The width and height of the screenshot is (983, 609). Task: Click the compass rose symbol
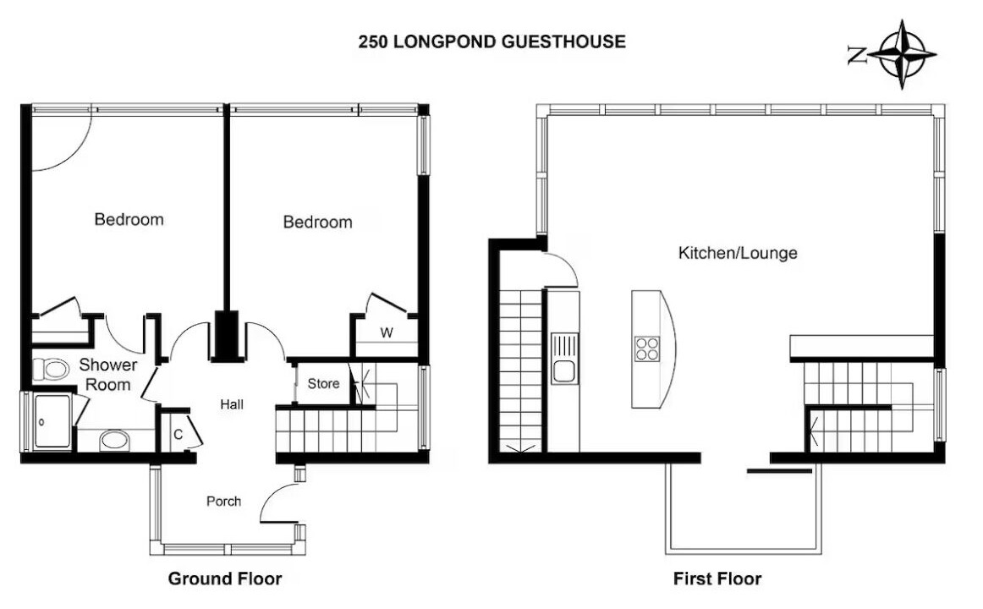point(903,54)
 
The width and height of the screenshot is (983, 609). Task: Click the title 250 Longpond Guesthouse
point(492,41)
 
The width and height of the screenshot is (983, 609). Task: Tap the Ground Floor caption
point(225,579)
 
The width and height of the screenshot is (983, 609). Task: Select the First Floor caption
point(717,579)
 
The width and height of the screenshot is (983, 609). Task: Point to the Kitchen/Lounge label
point(738,253)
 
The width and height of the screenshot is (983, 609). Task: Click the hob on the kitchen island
point(647,349)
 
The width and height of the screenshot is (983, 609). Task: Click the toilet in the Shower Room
point(50,370)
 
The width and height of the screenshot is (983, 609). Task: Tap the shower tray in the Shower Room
point(52,421)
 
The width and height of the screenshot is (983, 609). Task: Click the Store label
point(323,383)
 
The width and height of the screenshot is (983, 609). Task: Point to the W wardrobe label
point(387,332)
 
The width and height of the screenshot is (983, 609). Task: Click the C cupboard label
point(178,434)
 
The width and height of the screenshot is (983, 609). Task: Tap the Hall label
point(232,405)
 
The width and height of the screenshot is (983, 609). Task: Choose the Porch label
point(224,502)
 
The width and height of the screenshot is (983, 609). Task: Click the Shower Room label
point(107,375)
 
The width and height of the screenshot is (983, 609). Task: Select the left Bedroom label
point(129,219)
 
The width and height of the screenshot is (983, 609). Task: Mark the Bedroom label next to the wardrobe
point(318,222)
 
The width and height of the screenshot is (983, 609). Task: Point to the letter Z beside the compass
point(856,55)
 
